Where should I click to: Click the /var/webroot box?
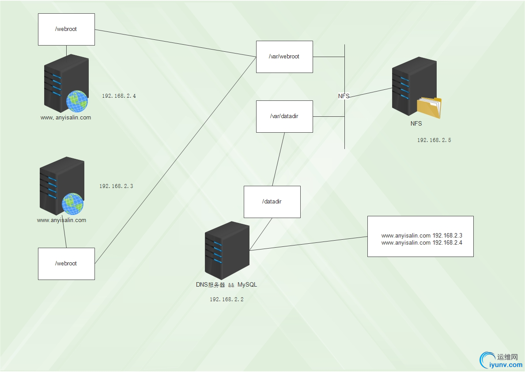284,57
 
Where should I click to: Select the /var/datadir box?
284,116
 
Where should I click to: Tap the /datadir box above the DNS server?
272,202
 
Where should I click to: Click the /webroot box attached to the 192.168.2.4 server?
66,29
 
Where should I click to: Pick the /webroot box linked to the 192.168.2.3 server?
66,264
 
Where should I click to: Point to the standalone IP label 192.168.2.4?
119,96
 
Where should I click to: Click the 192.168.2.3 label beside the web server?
116,186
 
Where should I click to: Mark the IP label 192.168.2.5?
434,140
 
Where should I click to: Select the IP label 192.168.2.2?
227,299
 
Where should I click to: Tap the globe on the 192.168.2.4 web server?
77,101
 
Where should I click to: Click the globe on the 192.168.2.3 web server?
72,204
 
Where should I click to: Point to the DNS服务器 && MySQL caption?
227,285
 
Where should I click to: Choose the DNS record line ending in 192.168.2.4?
421,243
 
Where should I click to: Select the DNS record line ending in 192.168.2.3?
421,236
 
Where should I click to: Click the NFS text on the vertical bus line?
344,96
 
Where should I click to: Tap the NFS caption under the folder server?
416,124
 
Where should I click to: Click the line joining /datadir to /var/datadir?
278,159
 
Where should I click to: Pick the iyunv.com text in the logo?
506,365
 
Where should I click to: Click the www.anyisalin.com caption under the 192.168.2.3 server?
61,220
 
